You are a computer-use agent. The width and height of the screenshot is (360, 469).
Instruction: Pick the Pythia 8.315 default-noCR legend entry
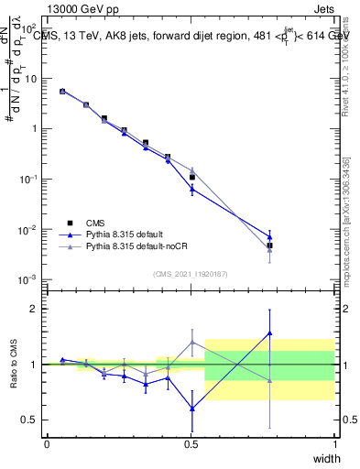point(137,246)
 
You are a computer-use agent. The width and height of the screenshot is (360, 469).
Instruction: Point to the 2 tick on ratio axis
point(33,309)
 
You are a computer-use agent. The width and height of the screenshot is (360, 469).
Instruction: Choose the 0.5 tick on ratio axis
point(29,420)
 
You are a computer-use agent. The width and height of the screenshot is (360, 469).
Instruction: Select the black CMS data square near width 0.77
point(269,245)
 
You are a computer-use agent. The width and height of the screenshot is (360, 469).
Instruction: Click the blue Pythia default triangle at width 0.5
point(191,189)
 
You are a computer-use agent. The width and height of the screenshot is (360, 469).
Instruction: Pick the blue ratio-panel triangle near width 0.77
point(269,333)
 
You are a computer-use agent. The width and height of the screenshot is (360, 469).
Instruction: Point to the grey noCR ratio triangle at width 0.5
point(191,343)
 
